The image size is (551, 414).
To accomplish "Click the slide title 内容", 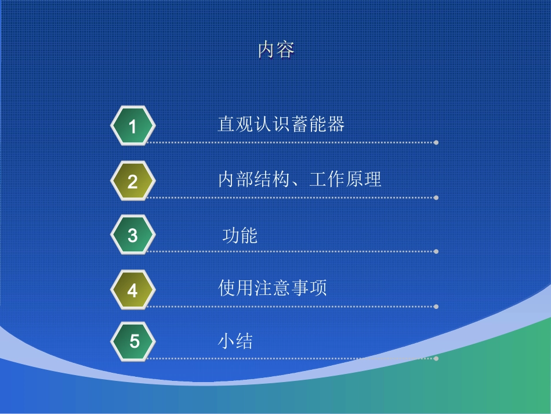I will (x=276, y=51).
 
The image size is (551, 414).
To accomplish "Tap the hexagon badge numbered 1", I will (x=133, y=126).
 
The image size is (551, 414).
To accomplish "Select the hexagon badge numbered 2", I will (x=133, y=181).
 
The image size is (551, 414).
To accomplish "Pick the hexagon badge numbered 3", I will (x=133, y=235).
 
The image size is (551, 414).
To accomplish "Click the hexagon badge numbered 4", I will (x=133, y=290).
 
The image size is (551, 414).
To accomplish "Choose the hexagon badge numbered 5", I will (x=134, y=341).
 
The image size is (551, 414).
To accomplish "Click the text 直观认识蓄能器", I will (x=281, y=124).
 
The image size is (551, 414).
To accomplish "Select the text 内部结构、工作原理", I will (x=299, y=179).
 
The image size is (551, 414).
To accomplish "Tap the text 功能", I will (x=240, y=236).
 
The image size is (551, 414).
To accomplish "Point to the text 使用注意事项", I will (x=273, y=288).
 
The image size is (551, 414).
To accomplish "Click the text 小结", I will (x=235, y=341).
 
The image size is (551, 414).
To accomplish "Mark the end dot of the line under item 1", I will (x=436, y=142).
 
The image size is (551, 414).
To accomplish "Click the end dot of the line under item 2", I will (x=436, y=197).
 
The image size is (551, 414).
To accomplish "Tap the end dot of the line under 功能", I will (x=436, y=251).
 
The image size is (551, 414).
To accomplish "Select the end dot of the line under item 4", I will (x=436, y=306).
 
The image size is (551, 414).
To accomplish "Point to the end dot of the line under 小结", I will (x=436, y=358).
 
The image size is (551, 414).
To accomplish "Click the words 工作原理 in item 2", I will (x=345, y=179).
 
